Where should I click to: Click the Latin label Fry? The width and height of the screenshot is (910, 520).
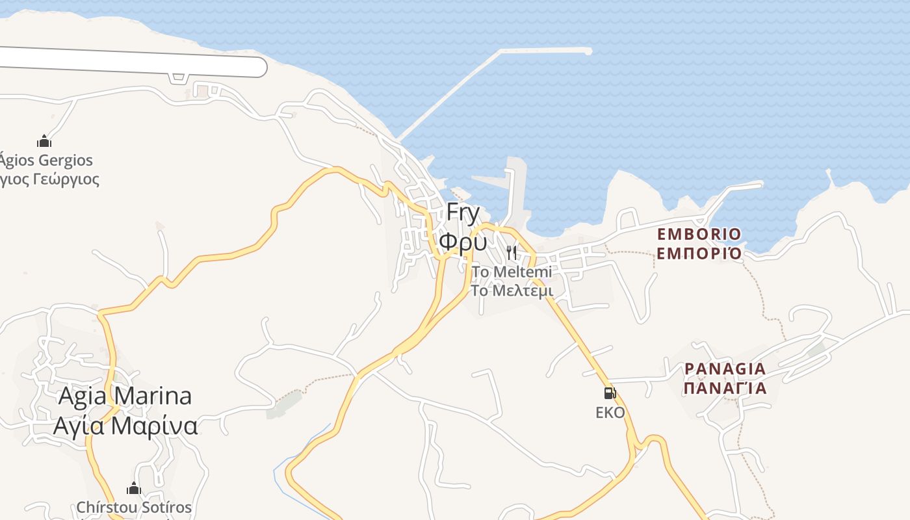pyautogui.click(x=463, y=213)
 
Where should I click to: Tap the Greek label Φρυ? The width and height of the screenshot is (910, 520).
pyautogui.click(x=462, y=240)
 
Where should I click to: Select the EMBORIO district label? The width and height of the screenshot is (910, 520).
pyautogui.click(x=699, y=234)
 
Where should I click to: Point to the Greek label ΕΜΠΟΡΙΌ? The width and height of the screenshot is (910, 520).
pyautogui.click(x=699, y=253)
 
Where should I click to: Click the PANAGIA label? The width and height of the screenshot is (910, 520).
pyautogui.click(x=725, y=369)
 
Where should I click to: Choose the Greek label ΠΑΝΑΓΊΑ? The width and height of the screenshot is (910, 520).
pyautogui.click(x=725, y=389)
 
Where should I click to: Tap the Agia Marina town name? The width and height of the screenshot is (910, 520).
pyautogui.click(x=125, y=396)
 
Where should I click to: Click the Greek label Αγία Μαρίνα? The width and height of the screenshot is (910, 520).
pyautogui.click(x=125, y=426)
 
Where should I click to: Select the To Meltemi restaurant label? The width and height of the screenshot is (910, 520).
pyautogui.click(x=512, y=272)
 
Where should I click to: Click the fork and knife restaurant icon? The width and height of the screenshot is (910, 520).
pyautogui.click(x=512, y=252)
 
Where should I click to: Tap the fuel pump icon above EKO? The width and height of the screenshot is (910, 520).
pyautogui.click(x=610, y=393)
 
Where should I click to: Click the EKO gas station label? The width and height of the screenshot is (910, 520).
pyautogui.click(x=610, y=413)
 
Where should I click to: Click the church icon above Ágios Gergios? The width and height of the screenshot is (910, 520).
pyautogui.click(x=44, y=141)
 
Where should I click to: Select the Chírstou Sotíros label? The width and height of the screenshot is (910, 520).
pyautogui.click(x=134, y=507)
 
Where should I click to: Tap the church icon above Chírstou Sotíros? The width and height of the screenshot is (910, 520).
pyautogui.click(x=134, y=488)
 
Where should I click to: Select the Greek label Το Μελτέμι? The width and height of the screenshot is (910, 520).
pyautogui.click(x=512, y=291)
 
